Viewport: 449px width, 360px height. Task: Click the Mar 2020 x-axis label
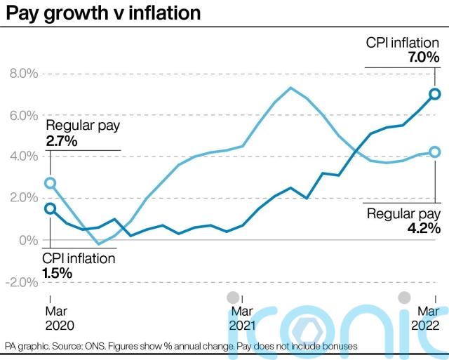click(x=60, y=318)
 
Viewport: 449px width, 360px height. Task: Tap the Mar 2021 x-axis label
click(x=241, y=318)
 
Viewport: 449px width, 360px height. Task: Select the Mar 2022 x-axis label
click(x=425, y=318)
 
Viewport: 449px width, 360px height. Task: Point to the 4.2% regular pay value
click(x=423, y=228)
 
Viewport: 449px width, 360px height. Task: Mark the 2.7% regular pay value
click(x=62, y=141)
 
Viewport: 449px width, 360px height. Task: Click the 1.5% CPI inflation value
click(x=58, y=272)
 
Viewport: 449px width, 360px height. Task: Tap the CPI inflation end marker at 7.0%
click(x=434, y=94)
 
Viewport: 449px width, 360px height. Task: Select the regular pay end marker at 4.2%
click(x=434, y=152)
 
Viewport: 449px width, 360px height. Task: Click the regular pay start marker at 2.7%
click(x=50, y=183)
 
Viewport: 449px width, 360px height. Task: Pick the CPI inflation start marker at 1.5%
click(x=50, y=208)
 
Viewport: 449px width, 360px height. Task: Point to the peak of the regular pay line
click(x=290, y=88)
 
